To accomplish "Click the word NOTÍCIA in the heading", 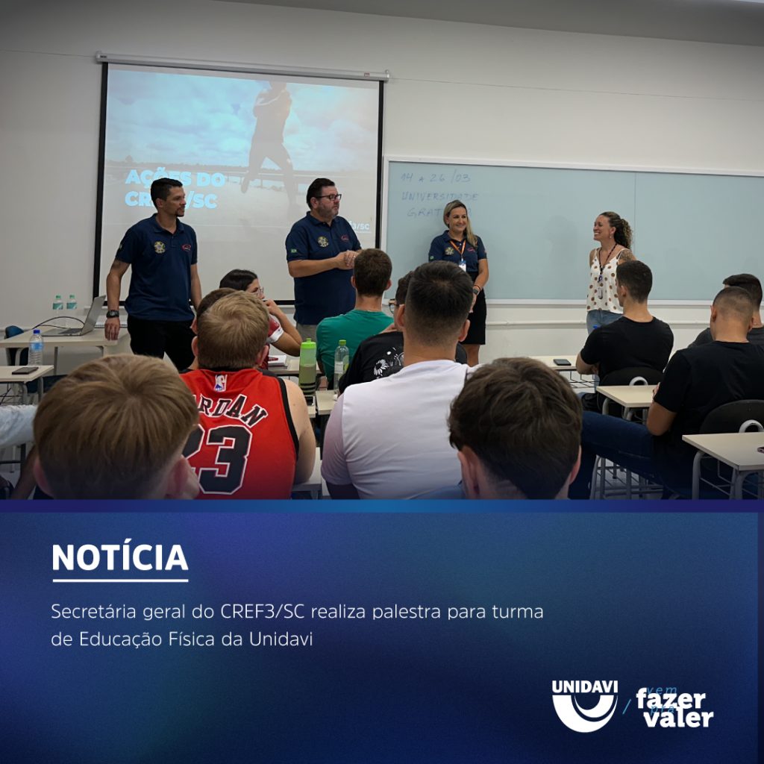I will point(119,558).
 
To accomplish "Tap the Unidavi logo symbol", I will point(584,705).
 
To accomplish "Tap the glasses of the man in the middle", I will point(328,197).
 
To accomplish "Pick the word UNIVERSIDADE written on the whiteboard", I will point(439,196).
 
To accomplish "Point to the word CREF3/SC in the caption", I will point(263,613).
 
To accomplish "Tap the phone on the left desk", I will point(25,370).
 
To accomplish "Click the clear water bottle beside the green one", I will point(341,361).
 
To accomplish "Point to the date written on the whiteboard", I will point(435,178).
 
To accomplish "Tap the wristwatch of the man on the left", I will point(112,314).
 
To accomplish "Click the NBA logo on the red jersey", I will point(219,383).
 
